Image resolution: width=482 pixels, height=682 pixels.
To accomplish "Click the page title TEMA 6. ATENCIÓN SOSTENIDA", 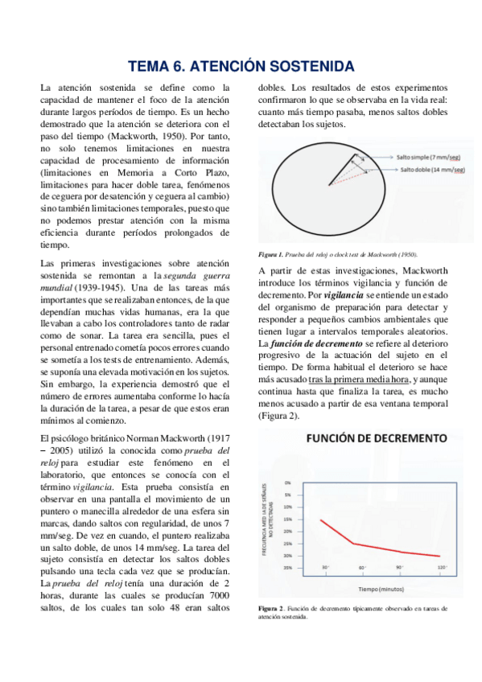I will tap(241, 65).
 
